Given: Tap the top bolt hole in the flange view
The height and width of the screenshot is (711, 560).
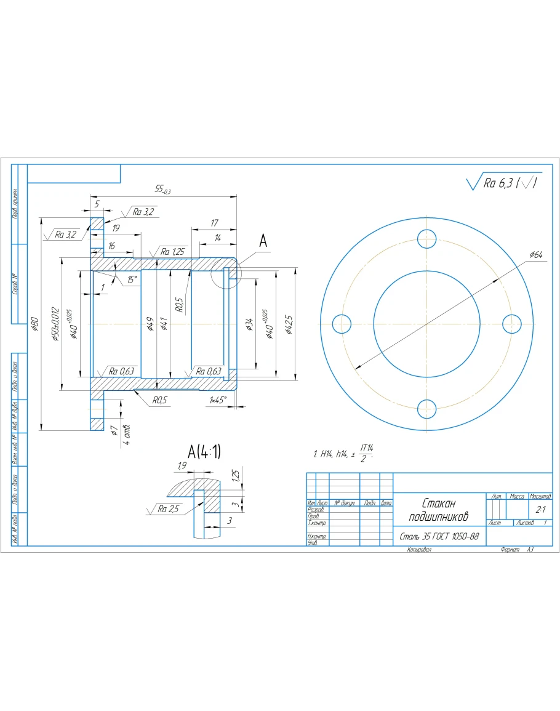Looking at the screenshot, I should [x=426, y=238].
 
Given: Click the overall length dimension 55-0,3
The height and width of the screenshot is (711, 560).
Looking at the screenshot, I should [x=163, y=191].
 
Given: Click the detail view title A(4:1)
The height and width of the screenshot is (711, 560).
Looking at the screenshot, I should [x=204, y=452].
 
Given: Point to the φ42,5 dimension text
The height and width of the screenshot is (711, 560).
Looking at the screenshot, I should [x=289, y=324].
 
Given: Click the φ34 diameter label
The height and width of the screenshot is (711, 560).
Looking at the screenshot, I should [x=249, y=324].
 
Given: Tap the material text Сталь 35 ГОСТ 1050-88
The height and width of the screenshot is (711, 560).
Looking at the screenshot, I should [x=439, y=537].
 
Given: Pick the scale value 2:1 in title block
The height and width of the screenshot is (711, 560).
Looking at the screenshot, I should [x=540, y=509].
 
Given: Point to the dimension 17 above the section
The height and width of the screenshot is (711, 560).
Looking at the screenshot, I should [x=214, y=223].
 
